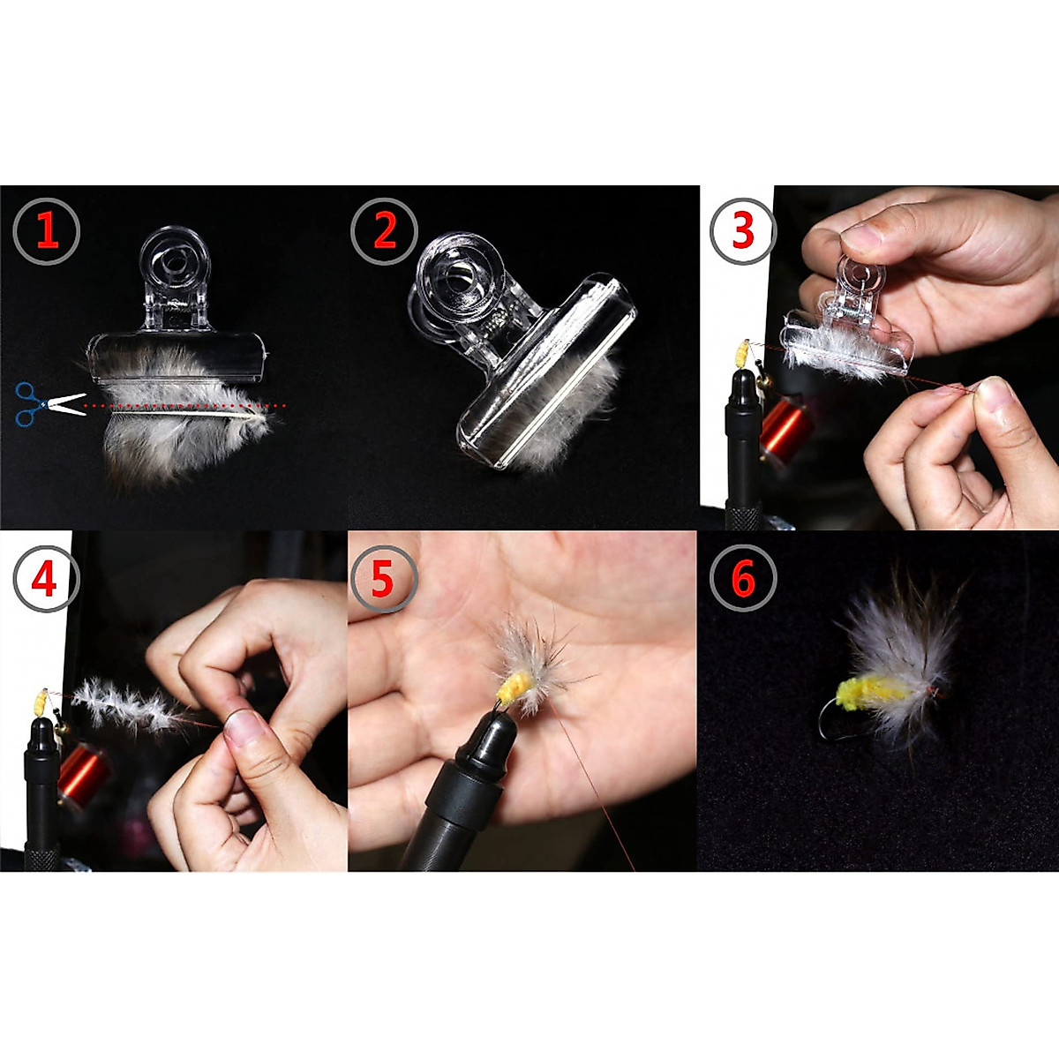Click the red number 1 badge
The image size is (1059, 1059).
click(x=47, y=231)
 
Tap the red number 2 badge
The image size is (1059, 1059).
click(x=385, y=231)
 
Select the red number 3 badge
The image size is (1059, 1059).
click(x=743, y=230)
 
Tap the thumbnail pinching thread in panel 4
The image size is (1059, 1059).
click(x=245, y=727)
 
